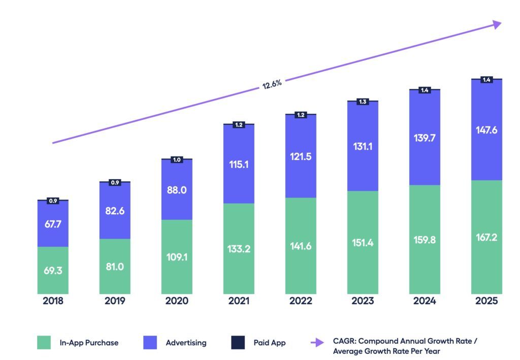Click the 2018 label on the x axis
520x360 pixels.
53,301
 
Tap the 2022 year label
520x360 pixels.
301,301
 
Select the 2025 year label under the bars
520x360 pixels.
486,301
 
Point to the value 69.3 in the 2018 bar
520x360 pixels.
53,271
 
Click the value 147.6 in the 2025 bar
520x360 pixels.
486,130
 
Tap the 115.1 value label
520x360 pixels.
239,165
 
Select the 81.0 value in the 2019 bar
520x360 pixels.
115,267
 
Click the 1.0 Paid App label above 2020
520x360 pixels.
177,159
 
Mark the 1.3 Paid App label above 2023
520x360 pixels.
363,102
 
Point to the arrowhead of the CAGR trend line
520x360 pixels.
496,24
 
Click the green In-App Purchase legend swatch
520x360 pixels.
44,342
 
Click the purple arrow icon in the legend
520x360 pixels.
317,343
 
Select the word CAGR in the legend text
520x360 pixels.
344,341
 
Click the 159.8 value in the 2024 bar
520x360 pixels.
425,240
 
